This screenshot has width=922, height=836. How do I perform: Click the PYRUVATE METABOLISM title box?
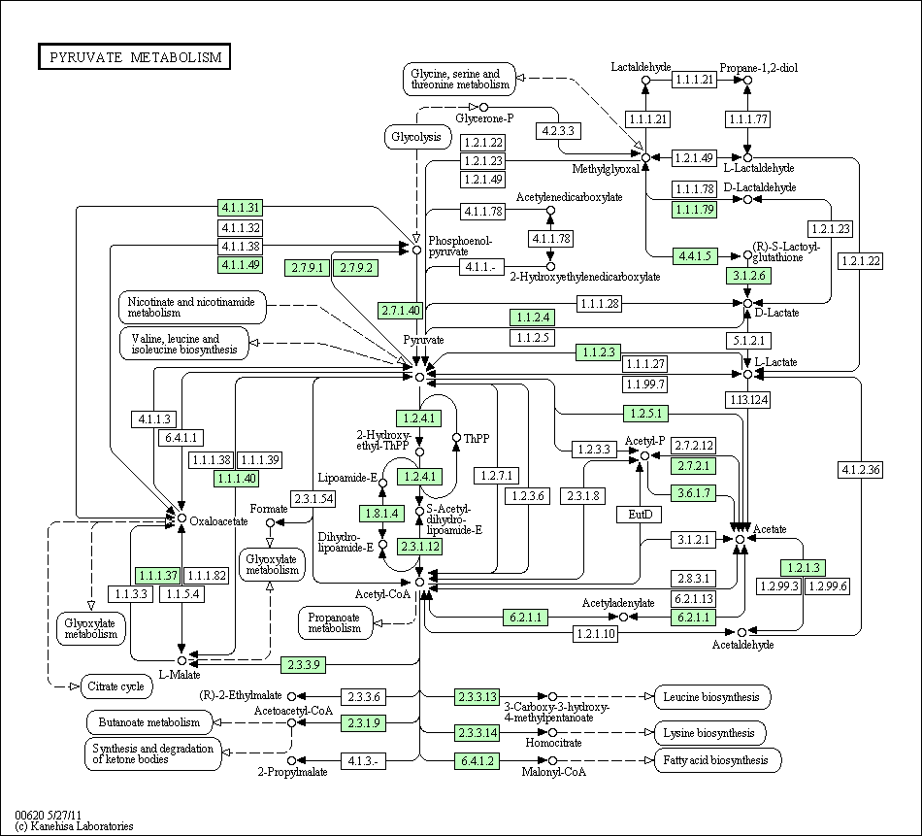coord(134,56)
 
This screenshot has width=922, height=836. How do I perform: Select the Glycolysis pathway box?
coord(416,137)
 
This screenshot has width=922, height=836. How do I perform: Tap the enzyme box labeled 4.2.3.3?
coord(558,131)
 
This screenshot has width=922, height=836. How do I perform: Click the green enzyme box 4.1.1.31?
coord(240,208)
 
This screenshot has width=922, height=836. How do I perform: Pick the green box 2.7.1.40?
coord(401,310)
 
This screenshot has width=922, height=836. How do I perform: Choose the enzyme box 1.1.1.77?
coord(748,119)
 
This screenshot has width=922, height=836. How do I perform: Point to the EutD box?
coord(641,515)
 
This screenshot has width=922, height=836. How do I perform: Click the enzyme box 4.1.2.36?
coord(861,470)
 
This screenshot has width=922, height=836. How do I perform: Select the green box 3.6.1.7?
coord(694,492)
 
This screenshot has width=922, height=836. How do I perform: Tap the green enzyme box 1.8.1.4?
coord(381,514)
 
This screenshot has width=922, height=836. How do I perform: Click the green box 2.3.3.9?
coord(304,665)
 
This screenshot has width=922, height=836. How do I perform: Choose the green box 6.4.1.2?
coord(477,760)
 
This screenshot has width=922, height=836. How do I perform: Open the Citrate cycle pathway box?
coord(116,686)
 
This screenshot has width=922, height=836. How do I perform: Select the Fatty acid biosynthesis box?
coord(717,760)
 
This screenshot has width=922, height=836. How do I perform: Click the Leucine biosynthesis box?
coord(712,697)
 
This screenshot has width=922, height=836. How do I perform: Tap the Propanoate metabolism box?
coord(335,622)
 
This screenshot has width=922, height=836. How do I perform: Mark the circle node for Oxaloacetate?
coord(182,518)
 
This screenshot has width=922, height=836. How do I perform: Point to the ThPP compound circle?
coord(456,437)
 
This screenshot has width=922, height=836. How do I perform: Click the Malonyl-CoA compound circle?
coord(553,760)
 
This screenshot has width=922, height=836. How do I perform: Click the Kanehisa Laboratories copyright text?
coord(74,826)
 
